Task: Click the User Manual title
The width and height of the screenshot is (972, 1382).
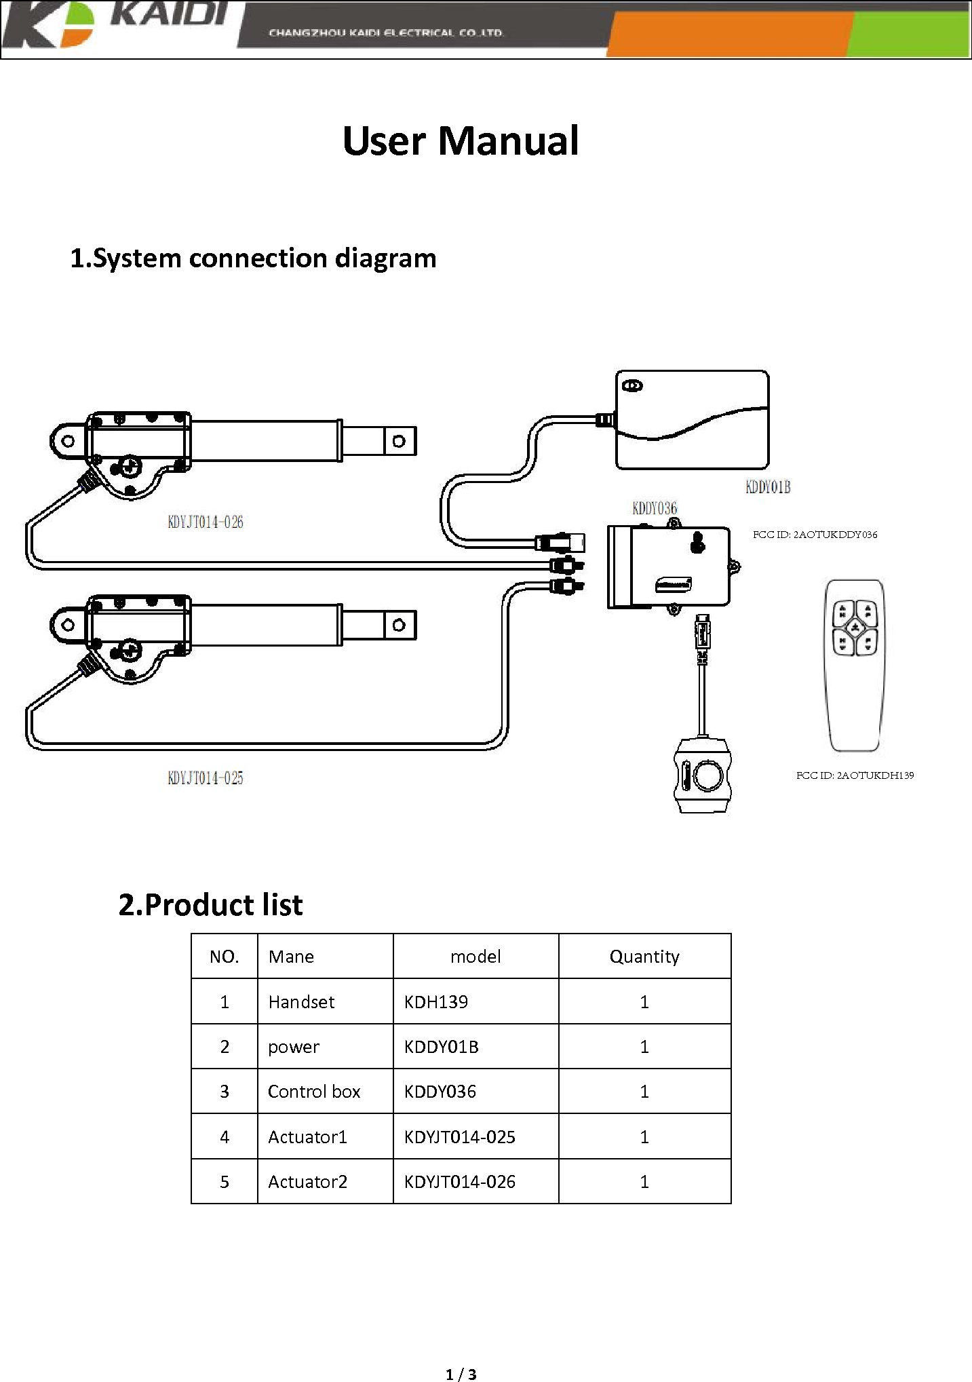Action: click(x=461, y=140)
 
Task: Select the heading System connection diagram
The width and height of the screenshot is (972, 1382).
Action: click(x=253, y=258)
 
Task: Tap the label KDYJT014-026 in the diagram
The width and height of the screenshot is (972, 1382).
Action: click(x=205, y=522)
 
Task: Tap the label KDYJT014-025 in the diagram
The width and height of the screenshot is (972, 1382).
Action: click(x=205, y=778)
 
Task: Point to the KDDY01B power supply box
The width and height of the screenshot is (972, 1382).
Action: click(x=692, y=419)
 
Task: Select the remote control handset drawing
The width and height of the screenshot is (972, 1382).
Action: click(x=855, y=665)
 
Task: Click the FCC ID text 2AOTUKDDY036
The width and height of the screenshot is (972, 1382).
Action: click(x=815, y=535)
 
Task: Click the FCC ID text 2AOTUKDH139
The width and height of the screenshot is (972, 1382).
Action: click(x=855, y=775)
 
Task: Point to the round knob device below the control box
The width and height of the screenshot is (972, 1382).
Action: click(x=703, y=775)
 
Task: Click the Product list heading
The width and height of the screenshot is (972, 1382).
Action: click(x=210, y=905)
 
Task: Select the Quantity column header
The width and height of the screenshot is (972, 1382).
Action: click(x=644, y=957)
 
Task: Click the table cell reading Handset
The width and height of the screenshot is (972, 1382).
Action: click(x=301, y=1002)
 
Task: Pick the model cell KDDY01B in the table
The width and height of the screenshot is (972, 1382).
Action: click(x=441, y=1047)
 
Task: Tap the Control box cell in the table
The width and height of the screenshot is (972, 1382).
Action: click(x=314, y=1092)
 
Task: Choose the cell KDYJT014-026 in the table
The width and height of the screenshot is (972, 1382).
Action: click(x=459, y=1182)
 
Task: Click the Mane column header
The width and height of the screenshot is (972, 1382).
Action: click(x=291, y=957)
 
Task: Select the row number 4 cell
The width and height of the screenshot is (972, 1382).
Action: click(x=225, y=1137)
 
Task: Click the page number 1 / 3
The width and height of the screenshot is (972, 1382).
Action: click(x=461, y=1375)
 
